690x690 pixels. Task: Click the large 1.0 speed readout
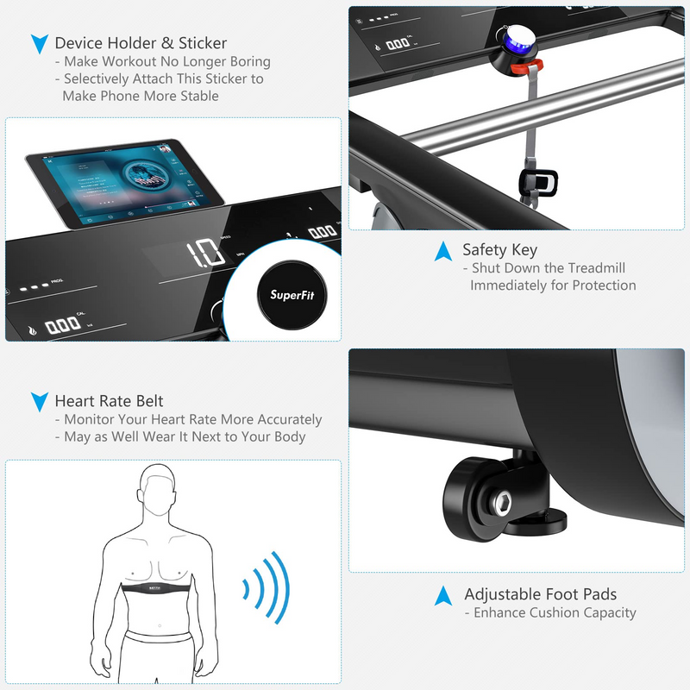(204, 254)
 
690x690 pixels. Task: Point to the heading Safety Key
(499, 250)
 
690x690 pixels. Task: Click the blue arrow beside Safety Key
(443, 251)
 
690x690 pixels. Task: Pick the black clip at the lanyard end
(536, 182)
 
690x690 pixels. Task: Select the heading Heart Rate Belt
(109, 401)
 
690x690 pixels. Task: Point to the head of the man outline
(163, 488)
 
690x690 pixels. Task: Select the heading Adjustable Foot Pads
(540, 594)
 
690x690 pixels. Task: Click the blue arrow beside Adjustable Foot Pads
(443, 595)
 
